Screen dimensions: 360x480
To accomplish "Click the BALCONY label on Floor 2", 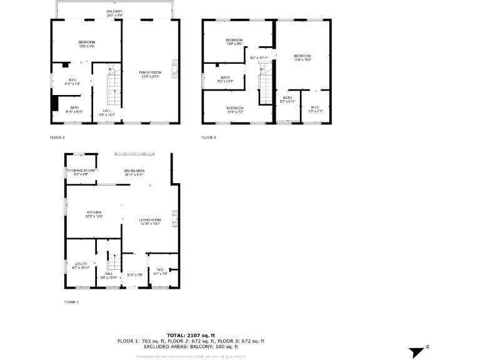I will (x=114, y=12).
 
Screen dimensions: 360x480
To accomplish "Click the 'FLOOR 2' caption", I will (x=57, y=137).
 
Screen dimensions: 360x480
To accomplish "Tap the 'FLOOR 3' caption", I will (x=209, y=137).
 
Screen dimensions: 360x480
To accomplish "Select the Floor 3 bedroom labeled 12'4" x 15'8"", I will (x=302, y=57).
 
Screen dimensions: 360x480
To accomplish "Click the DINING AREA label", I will (x=134, y=172).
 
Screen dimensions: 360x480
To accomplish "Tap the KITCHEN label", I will (x=94, y=214).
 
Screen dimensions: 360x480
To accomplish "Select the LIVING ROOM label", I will (x=151, y=221).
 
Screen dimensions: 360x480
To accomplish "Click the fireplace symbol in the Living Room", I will (x=176, y=219).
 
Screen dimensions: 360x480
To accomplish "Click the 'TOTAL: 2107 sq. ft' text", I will (x=191, y=336).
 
